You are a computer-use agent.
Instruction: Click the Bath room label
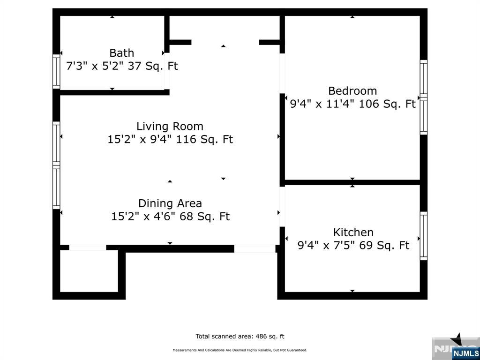click(x=121, y=53)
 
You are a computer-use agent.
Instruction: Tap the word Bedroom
click(x=352, y=91)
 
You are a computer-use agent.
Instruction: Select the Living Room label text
click(x=170, y=127)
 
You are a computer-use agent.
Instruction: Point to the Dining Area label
click(x=170, y=203)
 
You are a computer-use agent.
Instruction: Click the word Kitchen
click(x=353, y=232)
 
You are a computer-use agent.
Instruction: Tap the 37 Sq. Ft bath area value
click(x=153, y=66)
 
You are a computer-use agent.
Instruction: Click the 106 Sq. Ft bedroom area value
click(x=387, y=104)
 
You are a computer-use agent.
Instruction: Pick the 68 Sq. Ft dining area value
click(x=204, y=217)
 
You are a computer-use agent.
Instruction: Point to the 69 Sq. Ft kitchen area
click(x=384, y=246)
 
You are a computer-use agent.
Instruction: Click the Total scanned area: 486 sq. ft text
click(x=240, y=337)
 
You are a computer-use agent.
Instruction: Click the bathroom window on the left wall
click(x=56, y=72)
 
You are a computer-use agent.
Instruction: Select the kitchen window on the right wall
click(x=424, y=236)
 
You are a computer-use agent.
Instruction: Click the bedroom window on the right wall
click(x=424, y=97)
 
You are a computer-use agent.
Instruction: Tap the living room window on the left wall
click(x=56, y=165)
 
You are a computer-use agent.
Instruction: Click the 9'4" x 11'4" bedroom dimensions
click(x=322, y=104)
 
